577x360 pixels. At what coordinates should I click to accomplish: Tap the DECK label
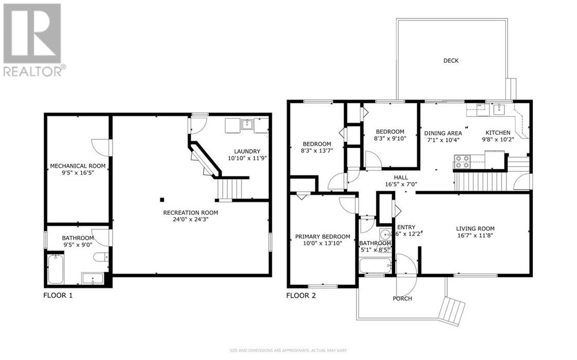(450, 61)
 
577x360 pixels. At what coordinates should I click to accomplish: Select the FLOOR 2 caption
(301, 296)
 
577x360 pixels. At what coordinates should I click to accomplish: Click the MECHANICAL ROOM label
(78, 166)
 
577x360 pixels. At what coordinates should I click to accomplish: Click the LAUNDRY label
(247, 151)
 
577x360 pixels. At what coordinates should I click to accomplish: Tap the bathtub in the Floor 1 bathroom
(56, 269)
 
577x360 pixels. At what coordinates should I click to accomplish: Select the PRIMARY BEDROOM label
(322, 237)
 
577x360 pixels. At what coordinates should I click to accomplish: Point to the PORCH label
(402, 298)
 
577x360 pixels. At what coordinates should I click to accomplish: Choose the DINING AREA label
(442, 133)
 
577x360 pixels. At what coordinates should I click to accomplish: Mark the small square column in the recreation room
(161, 200)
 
